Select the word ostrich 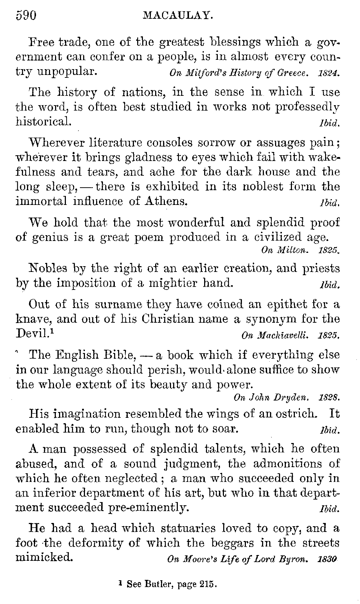(294, 413)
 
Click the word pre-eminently (148, 508)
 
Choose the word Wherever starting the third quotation (56, 143)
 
